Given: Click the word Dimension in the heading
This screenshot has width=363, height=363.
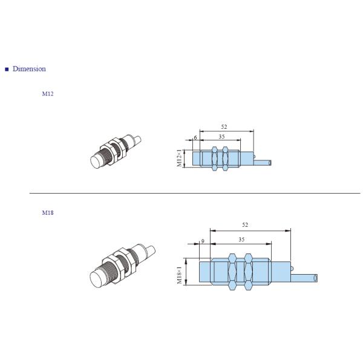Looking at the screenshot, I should [29, 69].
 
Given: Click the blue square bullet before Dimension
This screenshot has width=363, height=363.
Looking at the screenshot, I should [7, 69].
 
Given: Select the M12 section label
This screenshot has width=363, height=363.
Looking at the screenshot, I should [47, 94].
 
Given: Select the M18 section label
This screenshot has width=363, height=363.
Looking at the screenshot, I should [47, 213].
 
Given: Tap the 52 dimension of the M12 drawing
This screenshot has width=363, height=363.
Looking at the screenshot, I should [224, 126].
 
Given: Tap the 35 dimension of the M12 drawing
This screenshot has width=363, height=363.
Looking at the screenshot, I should [222, 137].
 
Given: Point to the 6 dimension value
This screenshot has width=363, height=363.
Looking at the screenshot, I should [195, 137].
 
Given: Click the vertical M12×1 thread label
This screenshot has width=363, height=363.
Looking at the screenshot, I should [180, 159].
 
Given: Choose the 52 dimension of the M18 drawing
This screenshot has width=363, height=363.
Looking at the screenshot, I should [245, 225].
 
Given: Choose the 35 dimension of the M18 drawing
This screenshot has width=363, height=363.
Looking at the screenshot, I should [241, 240].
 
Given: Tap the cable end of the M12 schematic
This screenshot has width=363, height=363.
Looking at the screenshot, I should [270, 162].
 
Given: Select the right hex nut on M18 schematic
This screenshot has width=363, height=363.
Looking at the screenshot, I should [247, 272].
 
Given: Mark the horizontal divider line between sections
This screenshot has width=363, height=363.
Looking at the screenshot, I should [194, 194].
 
